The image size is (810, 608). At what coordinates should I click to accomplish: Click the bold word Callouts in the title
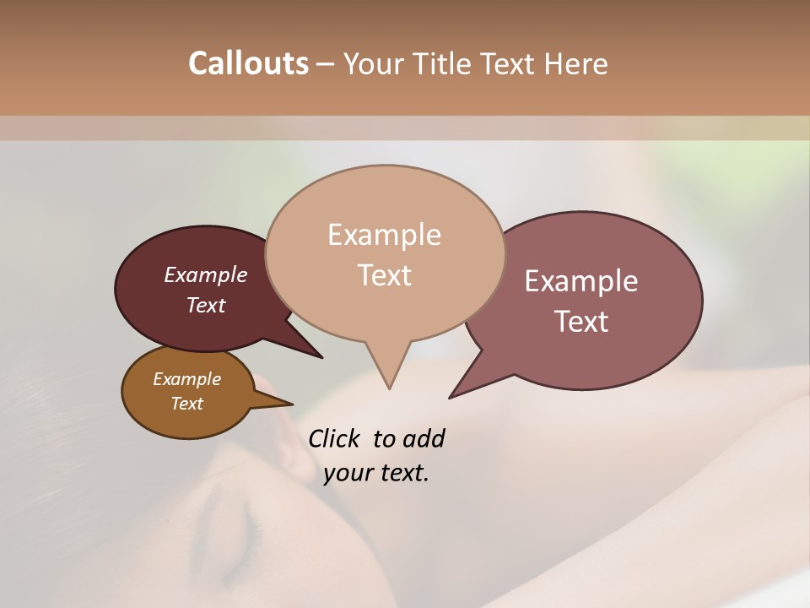(x=248, y=63)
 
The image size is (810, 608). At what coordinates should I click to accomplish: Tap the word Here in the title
(x=576, y=63)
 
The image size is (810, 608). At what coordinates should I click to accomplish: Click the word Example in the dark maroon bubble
(x=205, y=274)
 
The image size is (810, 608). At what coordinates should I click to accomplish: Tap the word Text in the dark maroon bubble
(x=205, y=305)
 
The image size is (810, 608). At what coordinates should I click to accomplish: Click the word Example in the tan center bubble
(x=384, y=235)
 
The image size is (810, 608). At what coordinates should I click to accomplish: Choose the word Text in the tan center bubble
(x=384, y=275)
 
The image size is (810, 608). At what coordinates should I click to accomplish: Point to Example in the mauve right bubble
(x=581, y=281)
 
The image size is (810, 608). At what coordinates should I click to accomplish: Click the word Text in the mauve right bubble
(x=581, y=322)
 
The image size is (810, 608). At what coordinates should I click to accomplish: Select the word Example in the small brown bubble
(x=186, y=379)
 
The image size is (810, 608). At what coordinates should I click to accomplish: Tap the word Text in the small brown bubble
(x=186, y=403)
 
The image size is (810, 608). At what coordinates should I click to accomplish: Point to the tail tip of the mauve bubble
(x=451, y=397)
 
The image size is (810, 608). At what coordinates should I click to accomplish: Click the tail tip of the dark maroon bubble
(x=321, y=357)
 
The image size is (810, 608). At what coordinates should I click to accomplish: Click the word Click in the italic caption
(x=335, y=438)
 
